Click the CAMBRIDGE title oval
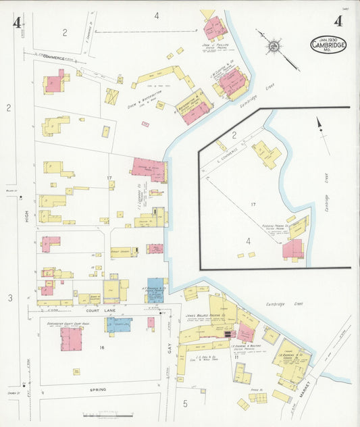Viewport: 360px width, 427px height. click(328, 45)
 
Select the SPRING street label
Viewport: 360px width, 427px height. click(99, 390)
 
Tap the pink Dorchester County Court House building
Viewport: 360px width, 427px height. click(71, 338)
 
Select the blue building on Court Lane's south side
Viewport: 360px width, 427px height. click(119, 325)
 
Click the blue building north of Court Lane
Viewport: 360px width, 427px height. click(155, 290)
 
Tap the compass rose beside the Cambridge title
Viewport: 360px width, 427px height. click(274, 46)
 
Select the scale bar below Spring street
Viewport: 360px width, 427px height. click(99, 414)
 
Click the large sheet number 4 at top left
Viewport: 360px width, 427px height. click(16, 23)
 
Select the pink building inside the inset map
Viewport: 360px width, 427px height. click(292, 249)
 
